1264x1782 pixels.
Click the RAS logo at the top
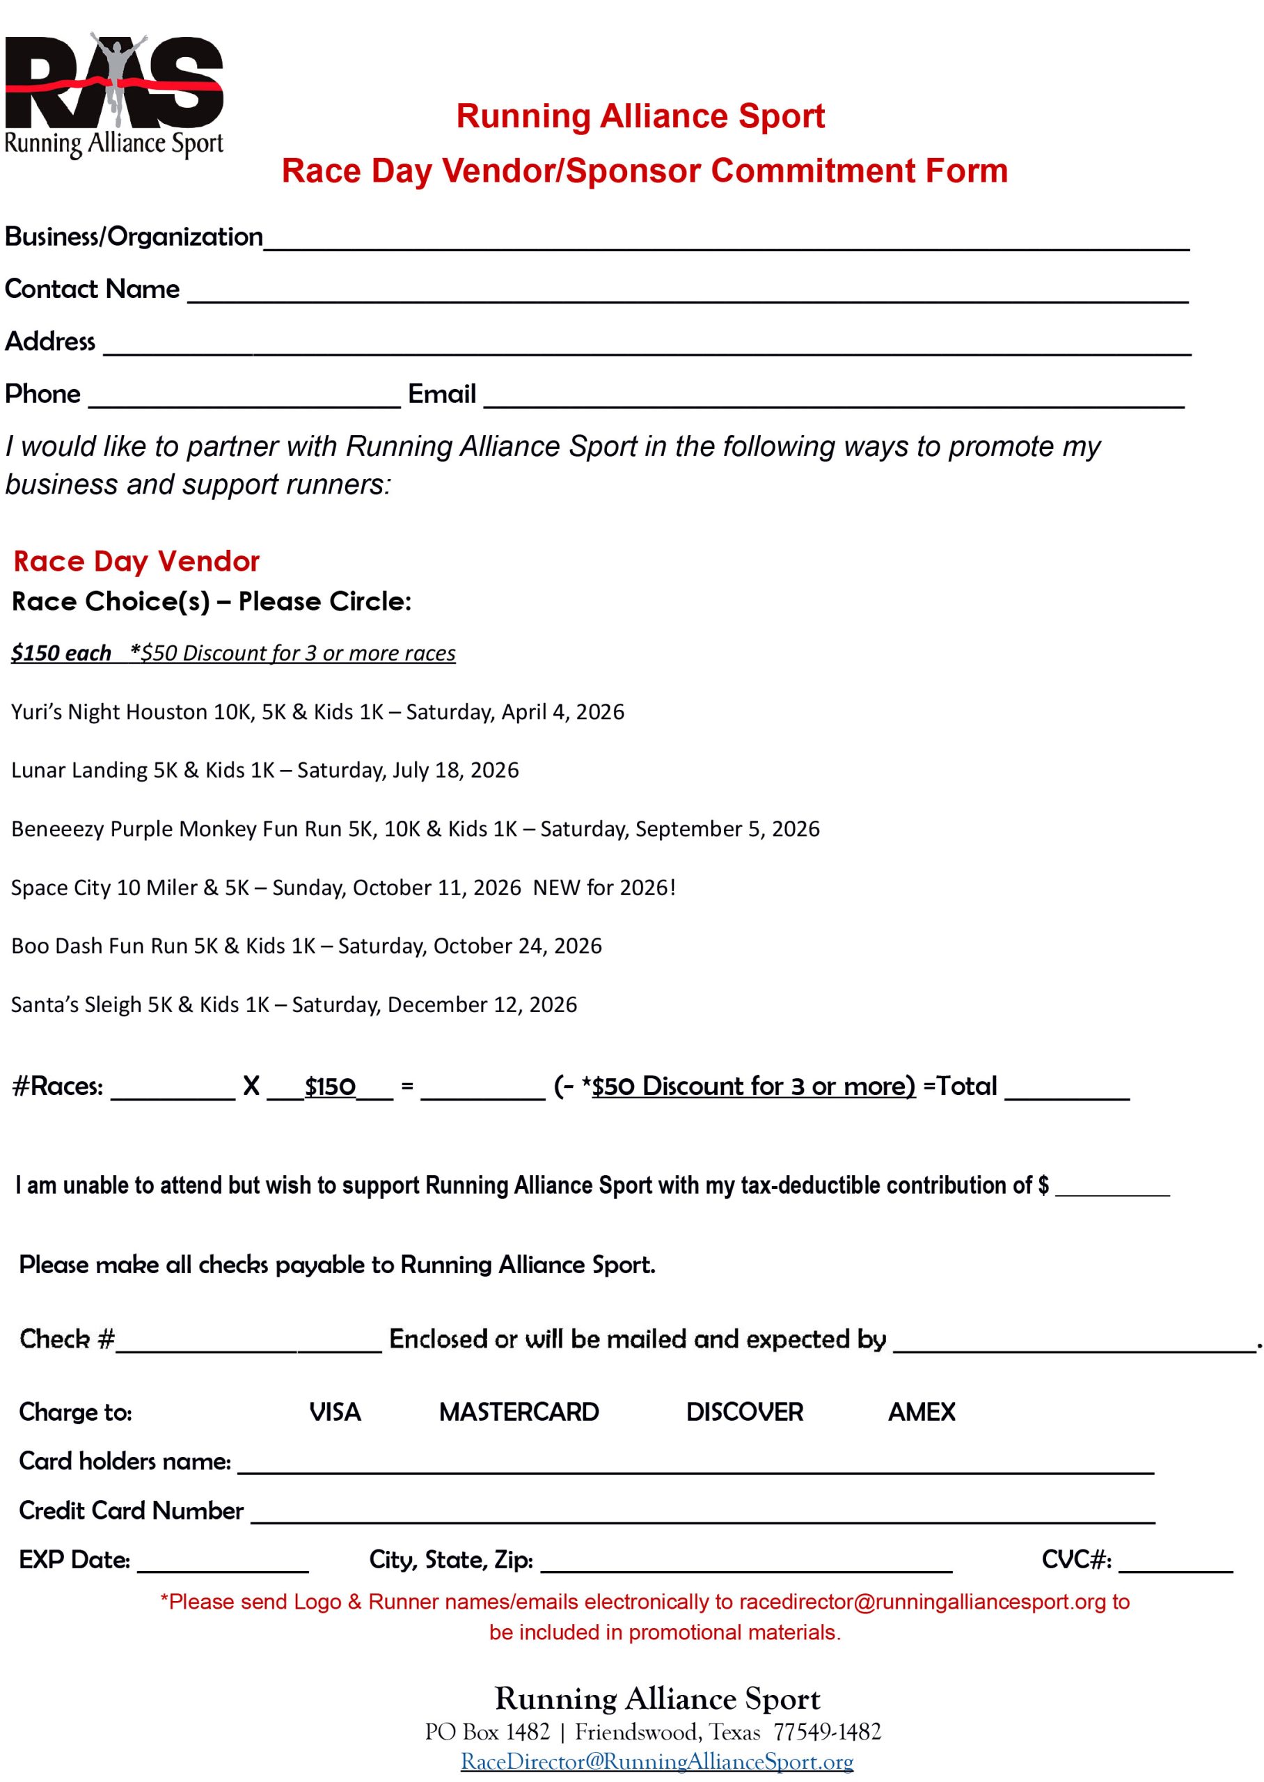pyautogui.click(x=113, y=93)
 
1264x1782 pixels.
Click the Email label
pyautogui.click(x=441, y=394)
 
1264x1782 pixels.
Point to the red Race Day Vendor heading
pyautogui.click(x=136, y=561)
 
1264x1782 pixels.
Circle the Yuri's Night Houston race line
pyautogui.click(x=317, y=712)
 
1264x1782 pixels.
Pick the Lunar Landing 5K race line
pyautogui.click(x=264, y=771)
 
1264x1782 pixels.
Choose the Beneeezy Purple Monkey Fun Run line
pyautogui.click(x=415, y=829)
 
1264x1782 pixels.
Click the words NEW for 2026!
pyautogui.click(x=604, y=888)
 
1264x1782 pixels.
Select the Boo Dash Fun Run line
pyautogui.click(x=306, y=946)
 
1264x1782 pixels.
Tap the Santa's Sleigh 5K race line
pyautogui.click(x=294, y=1004)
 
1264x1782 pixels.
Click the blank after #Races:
pyautogui.click(x=173, y=1089)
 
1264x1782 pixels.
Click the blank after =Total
pyautogui.click(x=1066, y=1089)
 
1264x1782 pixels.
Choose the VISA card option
pyautogui.click(x=335, y=1412)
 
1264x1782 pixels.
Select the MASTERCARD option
pyautogui.click(x=519, y=1412)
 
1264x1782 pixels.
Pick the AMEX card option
pyautogui.click(x=922, y=1412)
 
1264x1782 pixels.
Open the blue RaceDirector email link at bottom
pyautogui.click(x=657, y=1761)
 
